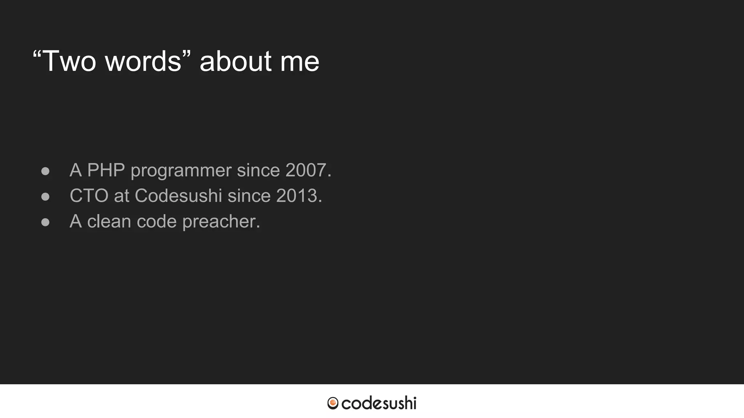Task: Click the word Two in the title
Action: click(x=69, y=61)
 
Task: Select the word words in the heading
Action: click(x=143, y=61)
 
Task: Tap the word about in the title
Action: click(x=235, y=61)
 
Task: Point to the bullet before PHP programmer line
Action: click(x=45, y=171)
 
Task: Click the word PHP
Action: click(x=106, y=170)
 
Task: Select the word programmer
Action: click(x=181, y=171)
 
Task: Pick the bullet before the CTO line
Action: click(x=45, y=196)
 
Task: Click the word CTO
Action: click(x=89, y=196)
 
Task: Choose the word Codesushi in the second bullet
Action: click(x=178, y=196)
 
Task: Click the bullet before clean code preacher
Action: click(x=45, y=222)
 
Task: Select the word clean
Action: click(x=109, y=221)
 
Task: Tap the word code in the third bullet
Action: click(x=157, y=221)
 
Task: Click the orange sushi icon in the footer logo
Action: click(x=333, y=403)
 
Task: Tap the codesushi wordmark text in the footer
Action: click(x=379, y=403)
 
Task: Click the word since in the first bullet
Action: click(x=258, y=170)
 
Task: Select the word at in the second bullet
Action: click(x=122, y=196)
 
